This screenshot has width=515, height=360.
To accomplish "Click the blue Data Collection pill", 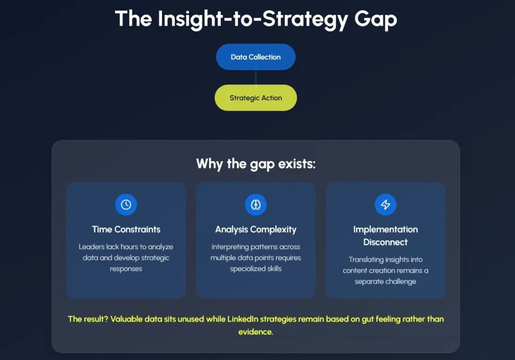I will click(256, 57).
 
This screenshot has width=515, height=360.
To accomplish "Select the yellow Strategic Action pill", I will click(256, 98).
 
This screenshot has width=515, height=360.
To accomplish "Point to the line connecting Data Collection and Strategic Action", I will click(256, 77).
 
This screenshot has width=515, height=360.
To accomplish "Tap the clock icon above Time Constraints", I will click(126, 205).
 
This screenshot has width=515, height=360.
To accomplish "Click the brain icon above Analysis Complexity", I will click(256, 205).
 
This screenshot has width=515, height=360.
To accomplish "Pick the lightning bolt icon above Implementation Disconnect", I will click(386, 205).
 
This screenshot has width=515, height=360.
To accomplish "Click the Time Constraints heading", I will click(126, 229).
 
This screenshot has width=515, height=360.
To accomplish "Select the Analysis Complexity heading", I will click(256, 229).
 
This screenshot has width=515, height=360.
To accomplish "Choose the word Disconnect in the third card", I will click(386, 242).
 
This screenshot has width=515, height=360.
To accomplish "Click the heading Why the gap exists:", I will click(256, 164).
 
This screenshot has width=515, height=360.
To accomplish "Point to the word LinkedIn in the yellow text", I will click(243, 319).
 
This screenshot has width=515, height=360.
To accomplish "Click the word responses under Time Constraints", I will click(126, 269).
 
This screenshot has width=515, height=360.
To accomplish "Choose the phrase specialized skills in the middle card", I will click(256, 269).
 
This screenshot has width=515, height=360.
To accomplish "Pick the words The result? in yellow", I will click(88, 319).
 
